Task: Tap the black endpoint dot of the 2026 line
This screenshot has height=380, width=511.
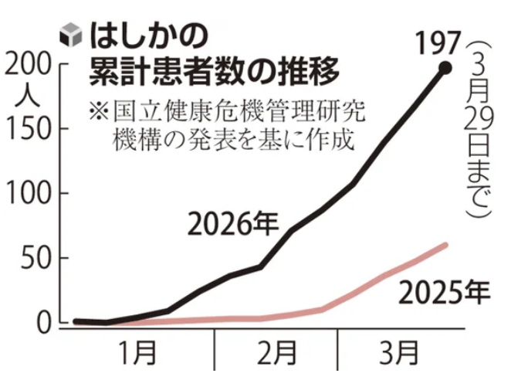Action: tap(445, 69)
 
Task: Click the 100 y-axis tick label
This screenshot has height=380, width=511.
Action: tap(31, 194)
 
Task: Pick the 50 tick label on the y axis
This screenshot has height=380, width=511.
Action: tap(39, 258)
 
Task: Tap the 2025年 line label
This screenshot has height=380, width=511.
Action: tap(443, 293)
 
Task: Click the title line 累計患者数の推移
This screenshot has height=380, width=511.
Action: tap(201, 73)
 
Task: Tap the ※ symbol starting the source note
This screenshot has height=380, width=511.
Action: tap(98, 111)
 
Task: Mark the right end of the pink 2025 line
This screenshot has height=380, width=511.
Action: tap(446, 244)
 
